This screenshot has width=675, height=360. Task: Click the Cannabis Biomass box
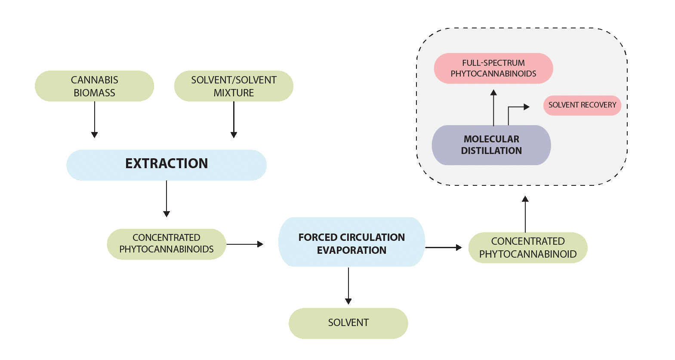click(94, 86)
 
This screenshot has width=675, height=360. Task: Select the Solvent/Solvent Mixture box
click(234, 86)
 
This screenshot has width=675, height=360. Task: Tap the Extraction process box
click(166, 165)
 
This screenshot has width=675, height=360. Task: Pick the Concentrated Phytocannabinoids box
click(166, 244)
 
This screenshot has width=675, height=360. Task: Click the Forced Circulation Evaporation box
click(351, 242)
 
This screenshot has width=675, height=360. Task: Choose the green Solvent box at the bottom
click(348, 323)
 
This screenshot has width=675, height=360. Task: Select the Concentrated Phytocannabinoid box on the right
click(528, 248)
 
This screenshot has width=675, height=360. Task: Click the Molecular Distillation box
click(491, 145)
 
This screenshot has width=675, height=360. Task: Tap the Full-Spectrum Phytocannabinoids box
click(493, 68)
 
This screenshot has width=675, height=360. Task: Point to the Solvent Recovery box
click(582, 105)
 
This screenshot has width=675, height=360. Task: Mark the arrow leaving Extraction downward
click(166, 198)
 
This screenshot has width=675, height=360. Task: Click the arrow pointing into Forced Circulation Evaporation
click(245, 244)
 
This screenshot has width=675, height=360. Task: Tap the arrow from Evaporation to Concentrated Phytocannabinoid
click(443, 247)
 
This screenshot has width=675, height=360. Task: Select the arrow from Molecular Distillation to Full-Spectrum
click(493, 107)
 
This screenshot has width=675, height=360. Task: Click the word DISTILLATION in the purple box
click(491, 151)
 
